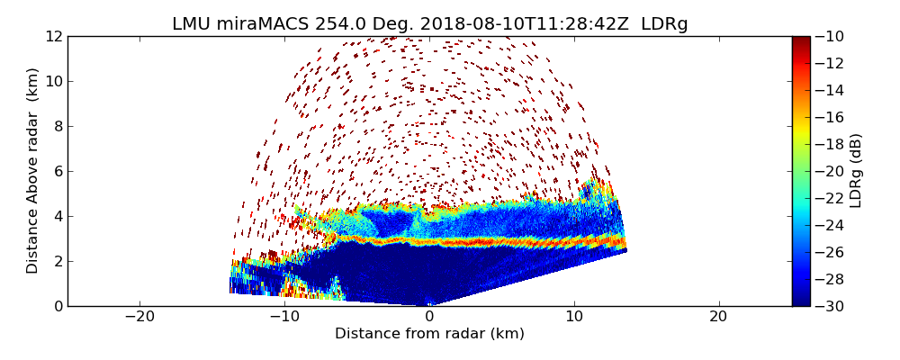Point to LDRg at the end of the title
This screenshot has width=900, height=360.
[664, 24]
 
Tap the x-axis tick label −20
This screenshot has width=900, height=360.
[139, 317]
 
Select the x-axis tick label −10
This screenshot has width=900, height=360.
[284, 317]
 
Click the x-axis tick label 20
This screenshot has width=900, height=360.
[718, 317]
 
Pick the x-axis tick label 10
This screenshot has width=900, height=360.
[574, 317]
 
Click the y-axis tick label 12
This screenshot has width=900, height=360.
[53, 36]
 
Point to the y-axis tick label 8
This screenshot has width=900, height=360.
[58, 126]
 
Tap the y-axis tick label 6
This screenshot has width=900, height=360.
[58, 171]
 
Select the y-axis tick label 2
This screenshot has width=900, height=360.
[58, 261]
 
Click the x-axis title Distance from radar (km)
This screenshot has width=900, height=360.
[429, 334]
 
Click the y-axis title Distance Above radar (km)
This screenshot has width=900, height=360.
[32, 170]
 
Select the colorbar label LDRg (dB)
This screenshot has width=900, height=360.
[856, 170]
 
